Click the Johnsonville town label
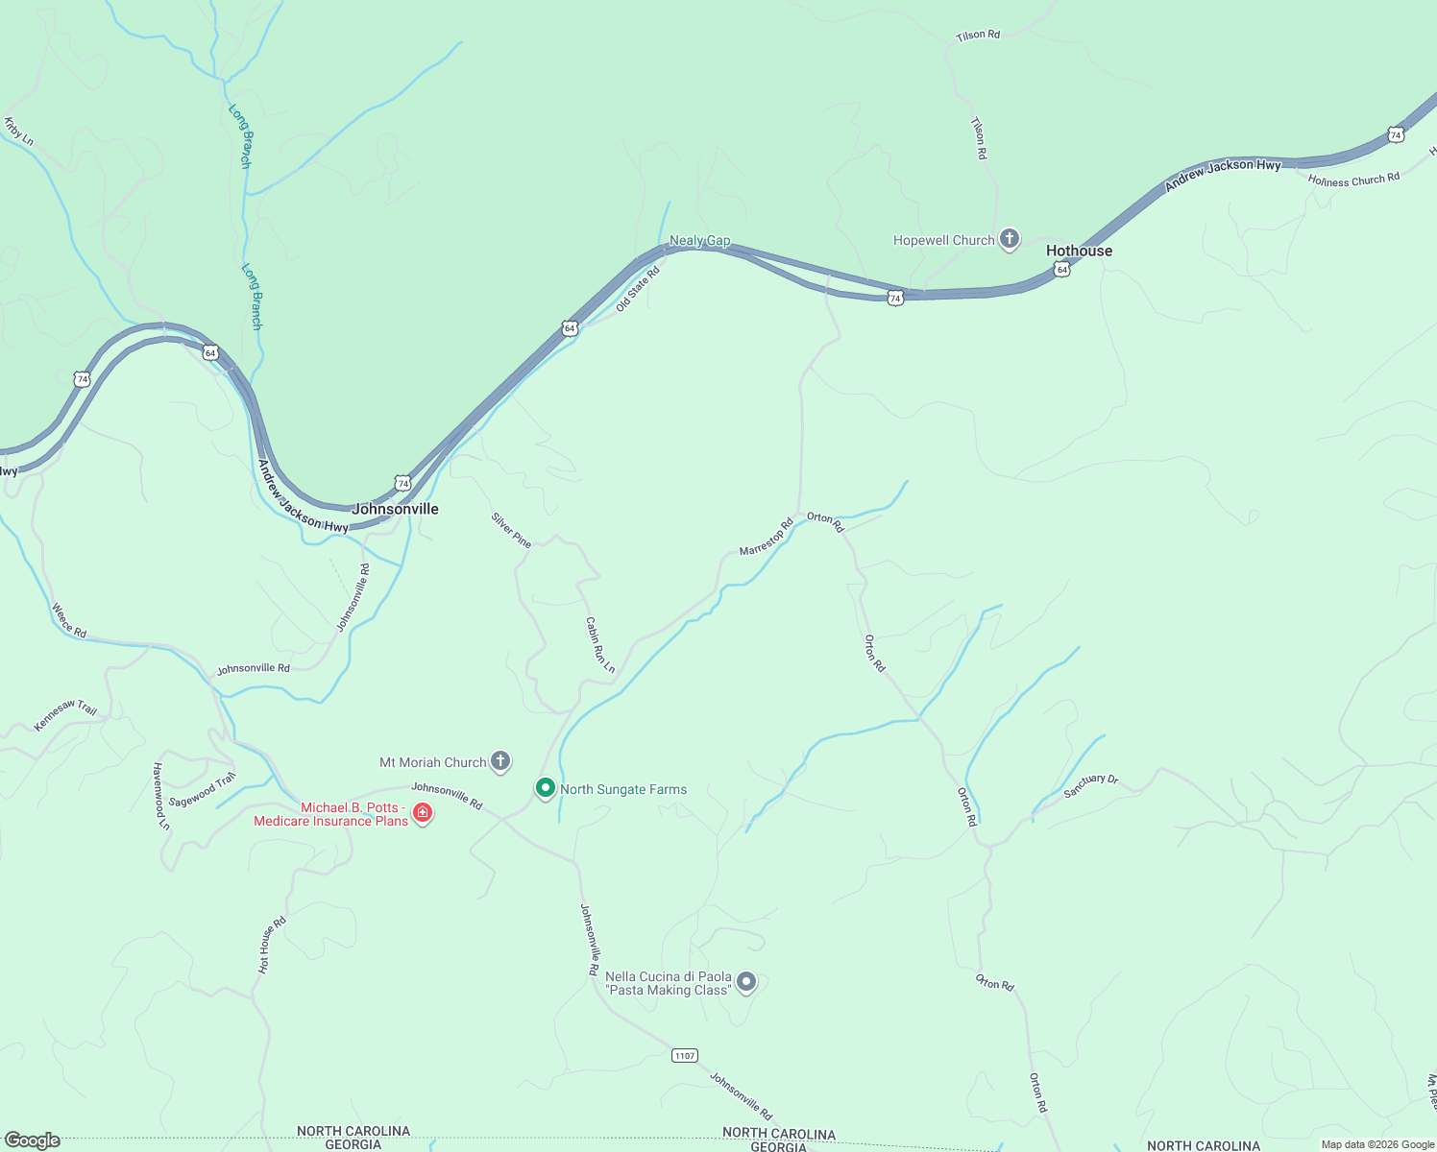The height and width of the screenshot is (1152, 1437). coord(395,509)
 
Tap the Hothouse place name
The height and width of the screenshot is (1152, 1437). coord(1079,251)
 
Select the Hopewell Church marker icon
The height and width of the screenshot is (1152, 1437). coord(1009,239)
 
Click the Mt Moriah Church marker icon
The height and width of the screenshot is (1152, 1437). coord(499,762)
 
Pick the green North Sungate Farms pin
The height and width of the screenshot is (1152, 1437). coord(546,788)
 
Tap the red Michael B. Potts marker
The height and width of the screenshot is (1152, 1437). coord(422,814)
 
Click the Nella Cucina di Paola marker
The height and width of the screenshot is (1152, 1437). coord(746,982)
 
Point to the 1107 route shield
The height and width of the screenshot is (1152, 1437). coord(684,1056)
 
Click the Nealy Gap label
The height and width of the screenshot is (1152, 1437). coord(699,241)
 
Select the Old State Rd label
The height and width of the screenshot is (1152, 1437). coord(638,289)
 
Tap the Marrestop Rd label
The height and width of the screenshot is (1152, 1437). coord(766,537)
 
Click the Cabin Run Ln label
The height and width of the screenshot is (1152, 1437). coord(599,644)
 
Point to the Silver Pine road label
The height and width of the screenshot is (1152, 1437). coord(511,530)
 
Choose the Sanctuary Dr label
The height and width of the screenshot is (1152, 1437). coord(1090,786)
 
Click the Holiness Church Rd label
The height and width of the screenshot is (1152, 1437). coord(1353,180)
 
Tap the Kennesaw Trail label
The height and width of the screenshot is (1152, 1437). coord(65,715)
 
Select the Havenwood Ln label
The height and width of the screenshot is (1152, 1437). coord(160,796)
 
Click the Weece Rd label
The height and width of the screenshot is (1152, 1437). coord(69,620)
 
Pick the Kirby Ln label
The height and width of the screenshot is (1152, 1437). coord(18,132)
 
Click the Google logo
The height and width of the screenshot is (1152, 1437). coord(32,1140)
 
